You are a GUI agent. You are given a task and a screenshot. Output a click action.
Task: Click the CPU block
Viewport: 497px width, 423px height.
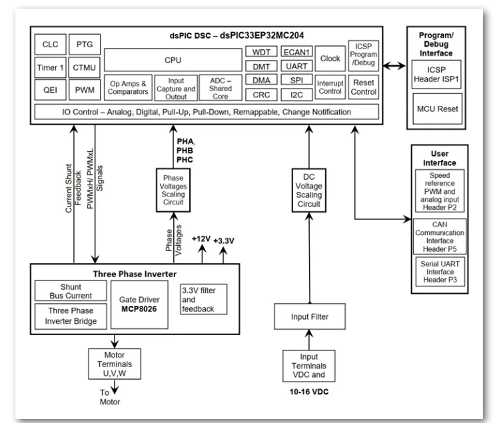(173, 60)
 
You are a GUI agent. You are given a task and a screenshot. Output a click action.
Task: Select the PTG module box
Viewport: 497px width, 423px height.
(85, 45)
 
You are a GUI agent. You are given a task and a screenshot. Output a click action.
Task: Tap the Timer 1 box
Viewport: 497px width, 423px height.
(50, 67)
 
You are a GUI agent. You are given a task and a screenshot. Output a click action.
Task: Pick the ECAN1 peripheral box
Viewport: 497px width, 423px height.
(296, 52)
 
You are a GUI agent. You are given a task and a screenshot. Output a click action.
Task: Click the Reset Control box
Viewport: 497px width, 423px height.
(363, 87)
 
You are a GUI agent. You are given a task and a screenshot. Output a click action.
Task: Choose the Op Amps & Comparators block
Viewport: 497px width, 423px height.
(128, 88)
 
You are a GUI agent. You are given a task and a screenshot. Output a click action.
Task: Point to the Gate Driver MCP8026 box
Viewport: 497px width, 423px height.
(139, 304)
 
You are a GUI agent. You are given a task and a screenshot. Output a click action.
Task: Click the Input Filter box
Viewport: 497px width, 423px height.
(310, 316)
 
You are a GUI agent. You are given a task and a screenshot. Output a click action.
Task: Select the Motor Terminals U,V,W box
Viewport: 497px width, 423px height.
(115, 364)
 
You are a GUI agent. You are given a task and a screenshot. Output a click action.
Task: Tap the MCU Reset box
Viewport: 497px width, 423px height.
(438, 109)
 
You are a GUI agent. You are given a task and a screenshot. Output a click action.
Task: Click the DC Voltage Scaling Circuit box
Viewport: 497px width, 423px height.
(308, 190)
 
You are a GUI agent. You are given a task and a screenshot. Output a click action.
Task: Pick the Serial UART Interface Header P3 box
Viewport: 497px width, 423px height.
(440, 272)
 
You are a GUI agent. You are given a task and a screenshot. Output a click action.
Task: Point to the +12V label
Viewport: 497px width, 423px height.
(201, 239)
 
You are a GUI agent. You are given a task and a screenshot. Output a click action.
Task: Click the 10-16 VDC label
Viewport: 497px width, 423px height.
(308, 392)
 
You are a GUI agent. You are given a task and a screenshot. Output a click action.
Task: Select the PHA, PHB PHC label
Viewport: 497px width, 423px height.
(185, 151)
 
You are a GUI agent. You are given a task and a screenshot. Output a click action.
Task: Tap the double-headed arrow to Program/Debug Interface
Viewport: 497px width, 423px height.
(394, 66)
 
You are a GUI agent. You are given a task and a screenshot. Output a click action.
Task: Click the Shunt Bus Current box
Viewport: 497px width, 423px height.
(71, 291)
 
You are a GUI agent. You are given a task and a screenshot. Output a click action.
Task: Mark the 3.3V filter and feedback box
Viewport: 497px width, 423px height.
(203, 299)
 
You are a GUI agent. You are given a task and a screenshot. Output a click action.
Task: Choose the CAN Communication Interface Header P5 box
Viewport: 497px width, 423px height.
(440, 236)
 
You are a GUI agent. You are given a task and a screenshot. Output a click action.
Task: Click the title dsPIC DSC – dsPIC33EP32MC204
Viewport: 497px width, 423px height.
(237, 35)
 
